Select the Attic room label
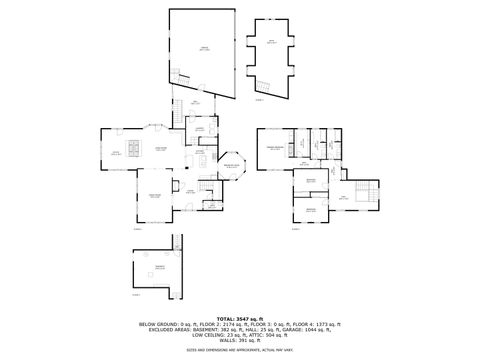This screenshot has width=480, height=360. (271, 41)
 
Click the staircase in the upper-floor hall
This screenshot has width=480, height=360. (367, 189)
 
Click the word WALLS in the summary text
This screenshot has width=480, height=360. (227, 341)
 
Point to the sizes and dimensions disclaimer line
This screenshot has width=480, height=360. (240, 351)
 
